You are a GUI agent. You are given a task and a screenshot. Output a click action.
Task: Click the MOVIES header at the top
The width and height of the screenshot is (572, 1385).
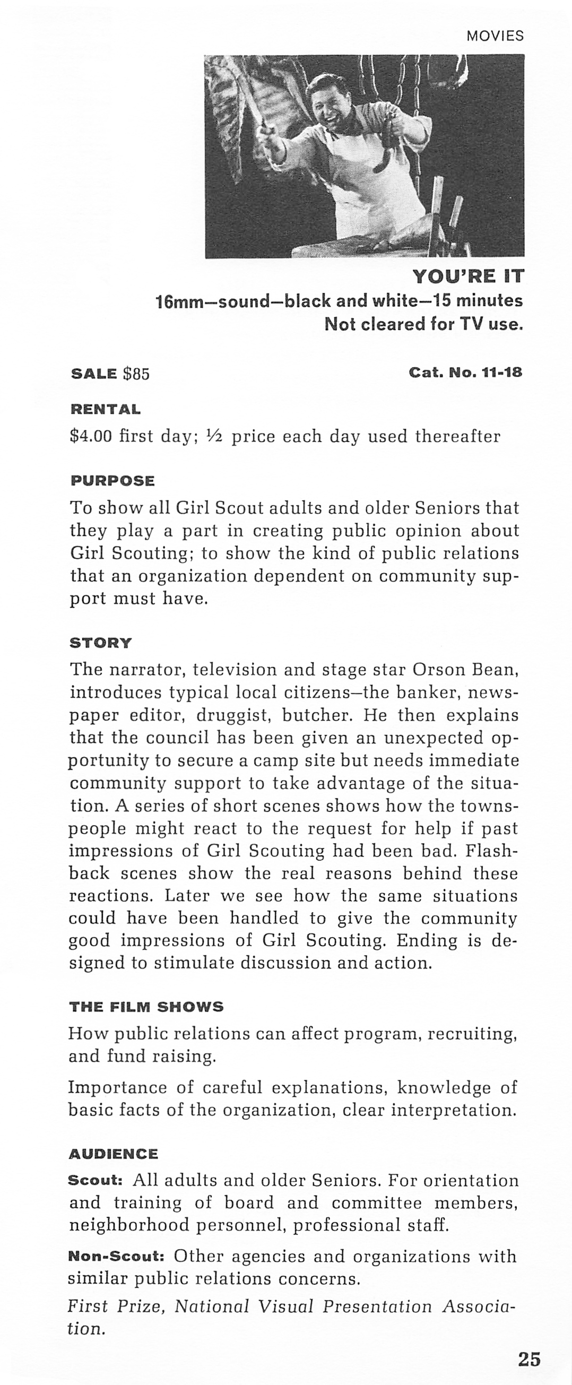(x=495, y=36)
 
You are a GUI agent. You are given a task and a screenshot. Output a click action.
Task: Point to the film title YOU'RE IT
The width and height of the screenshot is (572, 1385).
(x=467, y=276)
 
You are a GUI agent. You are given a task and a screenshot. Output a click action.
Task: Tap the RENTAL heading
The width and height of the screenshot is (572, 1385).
(x=106, y=409)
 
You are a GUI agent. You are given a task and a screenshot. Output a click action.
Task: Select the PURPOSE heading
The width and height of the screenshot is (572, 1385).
(x=112, y=481)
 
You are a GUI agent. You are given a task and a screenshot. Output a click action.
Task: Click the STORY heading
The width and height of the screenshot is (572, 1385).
(x=100, y=643)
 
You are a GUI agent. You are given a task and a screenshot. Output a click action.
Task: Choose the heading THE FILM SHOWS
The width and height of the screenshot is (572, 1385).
(x=146, y=1007)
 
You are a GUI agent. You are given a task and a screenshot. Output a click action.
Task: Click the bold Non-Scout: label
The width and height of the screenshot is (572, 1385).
(x=116, y=1257)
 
